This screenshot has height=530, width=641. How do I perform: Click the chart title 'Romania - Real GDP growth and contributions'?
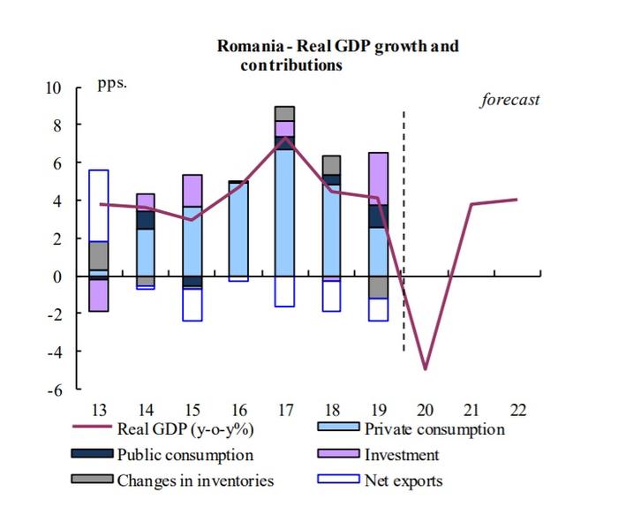click(338, 55)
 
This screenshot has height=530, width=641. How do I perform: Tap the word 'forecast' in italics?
click(509, 100)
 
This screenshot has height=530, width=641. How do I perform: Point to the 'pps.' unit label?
click(112, 86)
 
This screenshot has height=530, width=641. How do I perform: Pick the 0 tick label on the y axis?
click(57, 276)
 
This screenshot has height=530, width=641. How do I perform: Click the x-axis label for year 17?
click(284, 410)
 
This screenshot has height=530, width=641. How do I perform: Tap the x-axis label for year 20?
click(425, 410)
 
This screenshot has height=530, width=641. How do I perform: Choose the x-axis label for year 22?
click(519, 410)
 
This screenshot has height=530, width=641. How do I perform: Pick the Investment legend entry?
click(401, 456)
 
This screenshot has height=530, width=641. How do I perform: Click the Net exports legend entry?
click(403, 481)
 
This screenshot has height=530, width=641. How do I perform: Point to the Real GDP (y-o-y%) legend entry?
click(170, 430)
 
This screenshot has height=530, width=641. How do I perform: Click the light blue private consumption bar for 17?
click(284, 212)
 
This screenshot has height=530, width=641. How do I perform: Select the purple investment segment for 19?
click(379, 178)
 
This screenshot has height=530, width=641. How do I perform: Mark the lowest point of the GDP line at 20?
click(426, 368)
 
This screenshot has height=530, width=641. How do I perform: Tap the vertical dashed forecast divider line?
click(403, 230)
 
